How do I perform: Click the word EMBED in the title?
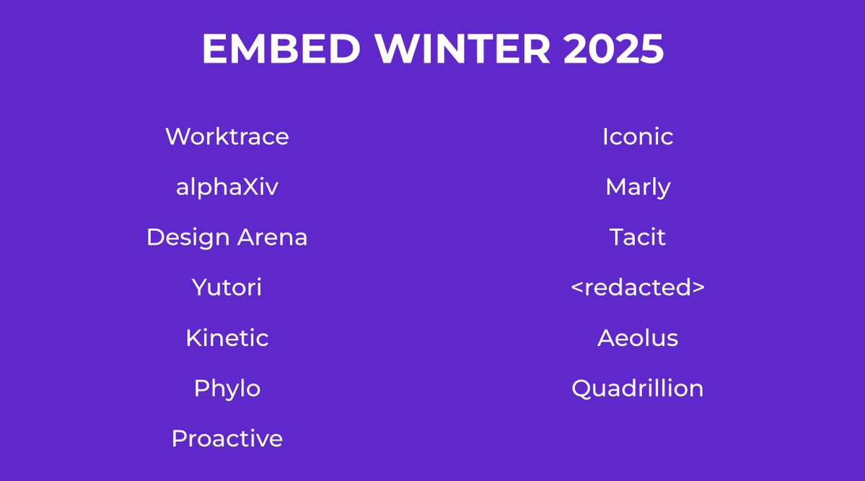[x=280, y=50]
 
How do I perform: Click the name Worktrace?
[x=227, y=136]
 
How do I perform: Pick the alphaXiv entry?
[x=227, y=187]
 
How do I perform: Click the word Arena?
[x=272, y=237]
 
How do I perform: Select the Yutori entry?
[x=227, y=288]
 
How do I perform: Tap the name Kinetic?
[x=227, y=338]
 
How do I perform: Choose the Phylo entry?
[x=227, y=389]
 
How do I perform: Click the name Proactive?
[x=227, y=438]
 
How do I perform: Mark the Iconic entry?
[x=638, y=136]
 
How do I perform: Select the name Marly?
[x=638, y=187]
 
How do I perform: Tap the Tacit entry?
[x=638, y=237]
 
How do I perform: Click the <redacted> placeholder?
[x=638, y=288]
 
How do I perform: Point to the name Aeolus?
[x=638, y=338]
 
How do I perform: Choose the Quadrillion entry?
[x=638, y=389]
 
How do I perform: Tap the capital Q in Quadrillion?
[x=581, y=389]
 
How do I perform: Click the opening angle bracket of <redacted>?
[x=576, y=288]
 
